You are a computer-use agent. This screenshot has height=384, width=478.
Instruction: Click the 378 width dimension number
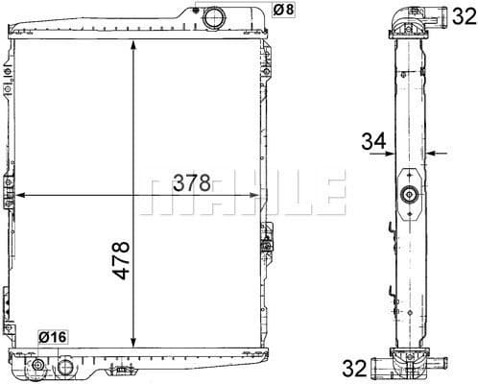(x=191, y=183)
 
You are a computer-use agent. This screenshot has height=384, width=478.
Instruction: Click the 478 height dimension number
(x=121, y=260)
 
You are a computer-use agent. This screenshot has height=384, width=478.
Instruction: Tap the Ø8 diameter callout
(x=283, y=10)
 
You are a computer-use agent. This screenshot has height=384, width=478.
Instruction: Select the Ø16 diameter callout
(x=53, y=337)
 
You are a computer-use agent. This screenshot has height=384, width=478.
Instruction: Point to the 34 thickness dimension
(x=373, y=141)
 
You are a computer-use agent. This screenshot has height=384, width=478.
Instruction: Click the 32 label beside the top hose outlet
(x=465, y=16)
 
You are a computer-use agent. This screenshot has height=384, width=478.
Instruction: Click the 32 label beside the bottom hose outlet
(x=354, y=368)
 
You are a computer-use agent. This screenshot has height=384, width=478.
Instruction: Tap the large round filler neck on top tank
(x=214, y=17)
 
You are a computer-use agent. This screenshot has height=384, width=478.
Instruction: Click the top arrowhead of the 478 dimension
(x=133, y=45)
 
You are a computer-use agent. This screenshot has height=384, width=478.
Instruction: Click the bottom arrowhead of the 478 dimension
(x=133, y=343)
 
